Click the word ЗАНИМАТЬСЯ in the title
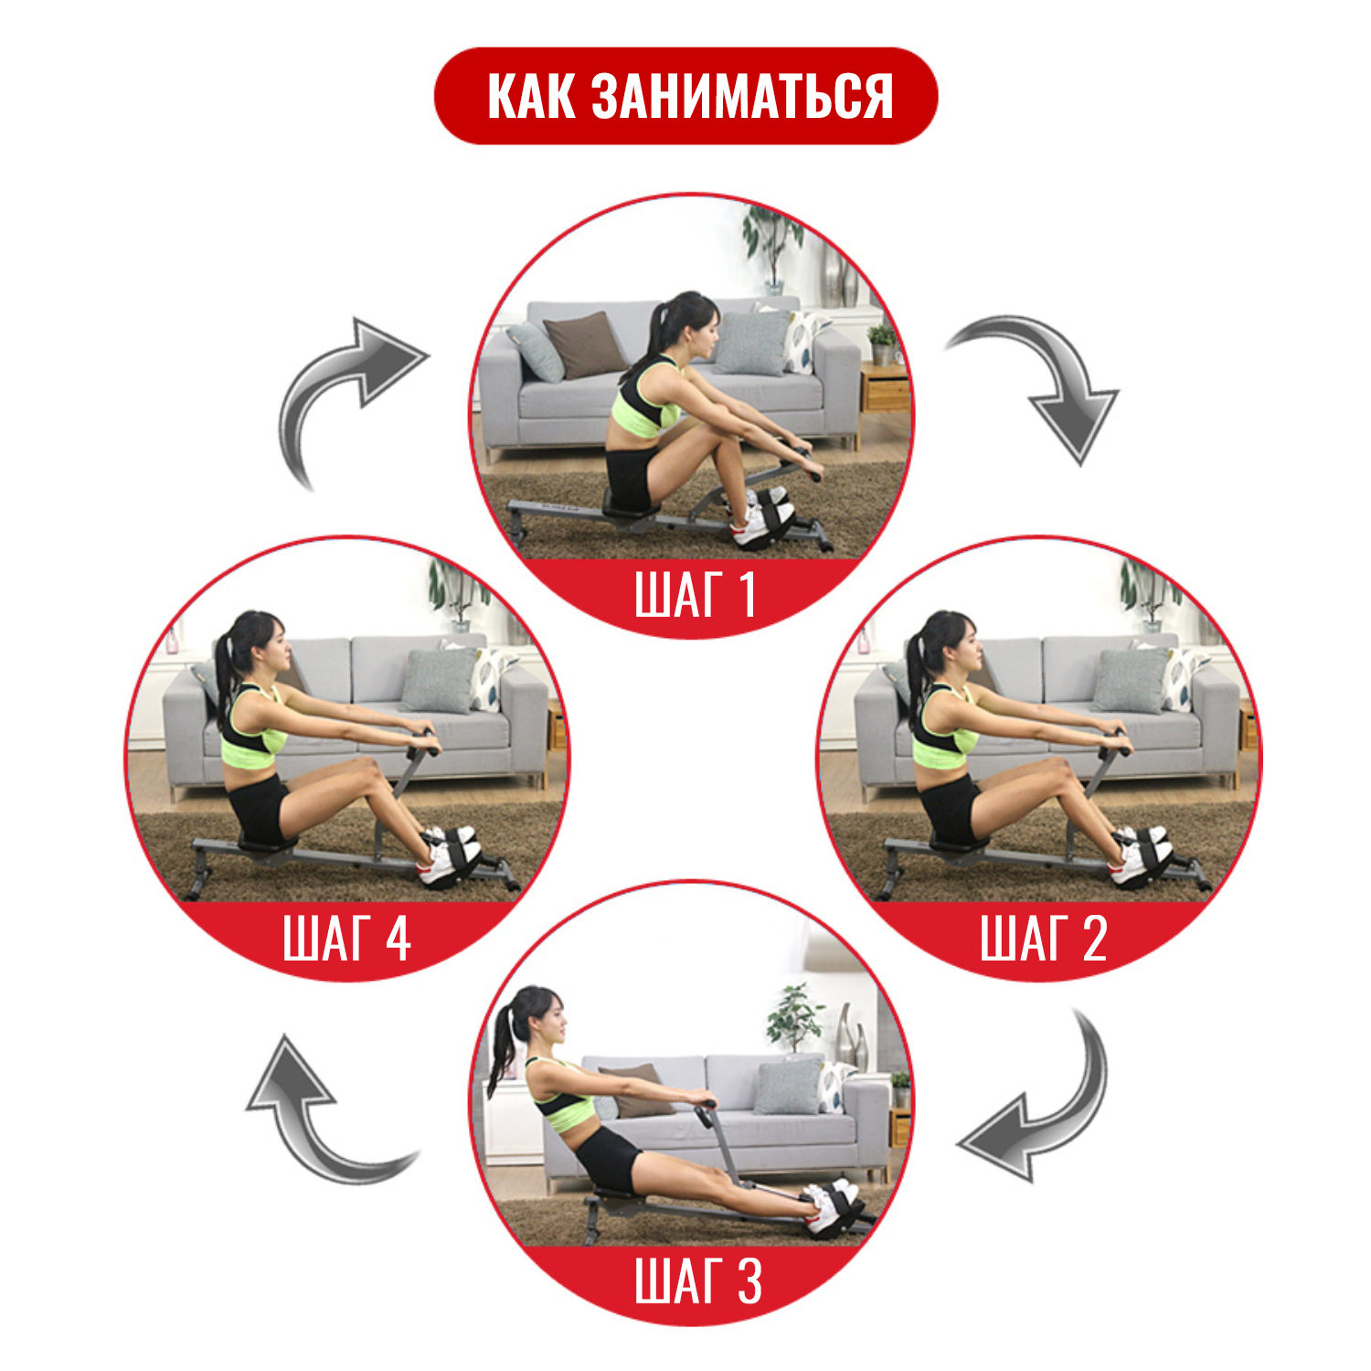[x=741, y=96]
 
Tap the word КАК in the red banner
[x=531, y=96]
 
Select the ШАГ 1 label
[x=695, y=595]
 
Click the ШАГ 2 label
[x=1044, y=938]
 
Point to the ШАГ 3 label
[x=698, y=1281]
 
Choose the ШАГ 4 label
[x=347, y=938]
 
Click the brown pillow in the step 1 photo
[x=585, y=345]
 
